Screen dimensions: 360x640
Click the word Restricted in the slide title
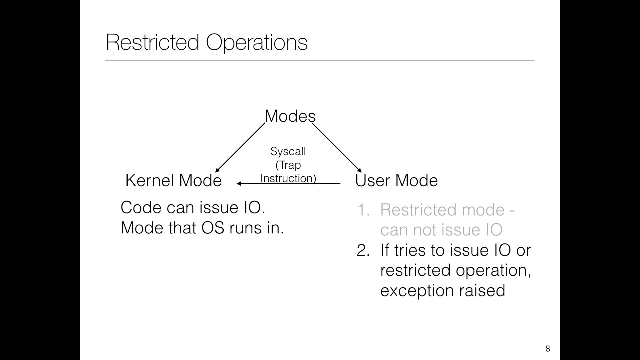coord(152,43)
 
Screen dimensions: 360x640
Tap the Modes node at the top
coord(290,116)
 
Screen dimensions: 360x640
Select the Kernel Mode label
coord(173,180)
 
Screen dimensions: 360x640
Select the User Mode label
coord(396,180)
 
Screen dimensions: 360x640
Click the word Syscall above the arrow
coord(288,151)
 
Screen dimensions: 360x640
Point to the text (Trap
coord(288,165)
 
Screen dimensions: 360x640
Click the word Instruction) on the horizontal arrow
coord(288,178)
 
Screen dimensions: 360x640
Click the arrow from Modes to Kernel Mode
coord(240,147)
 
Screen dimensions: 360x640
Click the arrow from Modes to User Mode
coord(336,147)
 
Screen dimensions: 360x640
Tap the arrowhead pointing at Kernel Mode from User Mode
coord(239,184)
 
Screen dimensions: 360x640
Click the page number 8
coord(547,349)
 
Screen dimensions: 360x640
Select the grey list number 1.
coord(362,210)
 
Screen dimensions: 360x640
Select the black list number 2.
coord(362,250)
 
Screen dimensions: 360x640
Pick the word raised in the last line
coord(485,290)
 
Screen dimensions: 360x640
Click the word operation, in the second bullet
coord(492,271)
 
